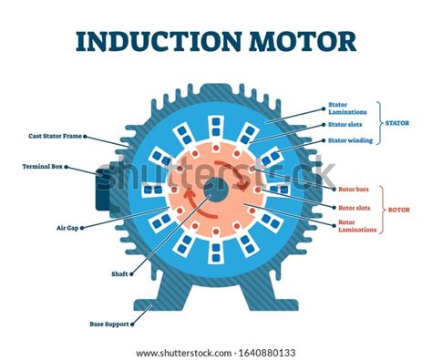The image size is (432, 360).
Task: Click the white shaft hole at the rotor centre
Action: [x=217, y=190]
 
